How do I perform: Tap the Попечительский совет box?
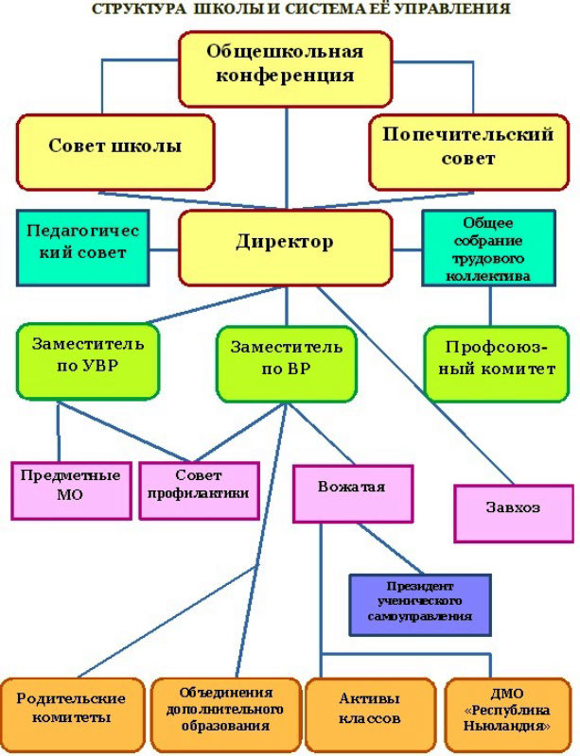(x=467, y=148)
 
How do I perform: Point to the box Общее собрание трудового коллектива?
(x=488, y=249)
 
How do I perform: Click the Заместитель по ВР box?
(x=286, y=361)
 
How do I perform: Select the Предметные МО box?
(x=71, y=488)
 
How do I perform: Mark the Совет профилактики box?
(x=199, y=488)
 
